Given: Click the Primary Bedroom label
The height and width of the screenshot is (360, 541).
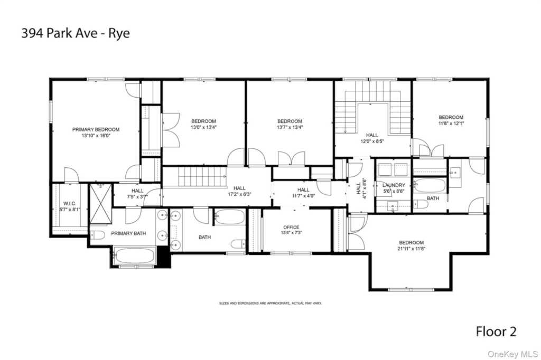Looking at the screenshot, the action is coord(96,130).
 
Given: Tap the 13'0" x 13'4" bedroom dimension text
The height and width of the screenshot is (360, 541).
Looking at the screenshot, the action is coord(203,127).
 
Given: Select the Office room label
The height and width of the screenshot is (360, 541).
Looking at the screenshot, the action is coord(291,227).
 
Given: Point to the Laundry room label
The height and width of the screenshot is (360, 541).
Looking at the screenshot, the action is coord(394,185).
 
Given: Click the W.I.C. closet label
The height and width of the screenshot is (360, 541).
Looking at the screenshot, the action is coord(70,204).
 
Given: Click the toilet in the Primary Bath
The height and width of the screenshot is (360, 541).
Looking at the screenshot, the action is coord(97,235).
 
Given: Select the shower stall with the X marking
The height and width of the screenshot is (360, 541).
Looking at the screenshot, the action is coord(101,204).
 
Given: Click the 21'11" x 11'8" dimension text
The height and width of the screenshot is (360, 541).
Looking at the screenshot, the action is coord(411,248).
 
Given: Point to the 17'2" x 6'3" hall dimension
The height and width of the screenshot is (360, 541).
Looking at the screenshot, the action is coord(239,194).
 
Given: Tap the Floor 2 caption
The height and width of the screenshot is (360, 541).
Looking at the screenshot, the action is coord(496,331).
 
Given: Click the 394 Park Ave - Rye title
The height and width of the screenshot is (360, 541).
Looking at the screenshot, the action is coord(76,33).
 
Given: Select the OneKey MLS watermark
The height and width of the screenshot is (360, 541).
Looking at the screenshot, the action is coord(512,354).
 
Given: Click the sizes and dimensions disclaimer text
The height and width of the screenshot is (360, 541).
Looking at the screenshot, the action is coord(270,303).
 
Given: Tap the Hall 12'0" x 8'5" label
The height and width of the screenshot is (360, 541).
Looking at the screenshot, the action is coord(372,138).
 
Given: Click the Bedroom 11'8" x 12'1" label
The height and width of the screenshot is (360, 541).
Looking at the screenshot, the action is coord(451,120).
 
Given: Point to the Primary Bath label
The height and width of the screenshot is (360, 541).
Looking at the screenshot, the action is coord(128,233).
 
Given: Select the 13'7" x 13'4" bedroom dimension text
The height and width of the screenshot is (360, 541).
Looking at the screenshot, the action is coord(290,127).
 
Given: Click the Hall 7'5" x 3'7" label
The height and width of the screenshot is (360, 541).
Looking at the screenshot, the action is coord(137,194).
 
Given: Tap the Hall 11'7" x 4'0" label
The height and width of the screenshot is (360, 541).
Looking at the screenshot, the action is coord(303,193).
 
